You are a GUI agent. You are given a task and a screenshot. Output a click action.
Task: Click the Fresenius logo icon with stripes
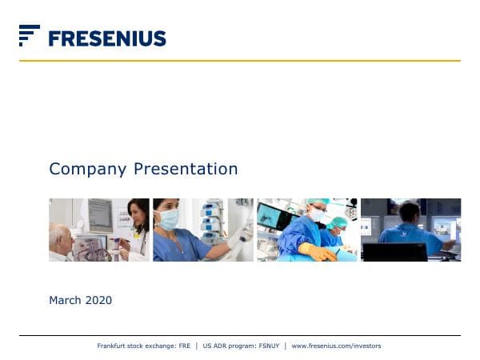pos(30,35)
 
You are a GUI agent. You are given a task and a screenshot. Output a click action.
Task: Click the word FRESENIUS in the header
pos(106,38)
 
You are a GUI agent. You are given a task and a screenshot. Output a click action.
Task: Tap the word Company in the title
pos(88,169)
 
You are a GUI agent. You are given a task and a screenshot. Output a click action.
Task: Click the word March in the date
pos(65,301)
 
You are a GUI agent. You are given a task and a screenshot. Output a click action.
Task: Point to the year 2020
pos(98,301)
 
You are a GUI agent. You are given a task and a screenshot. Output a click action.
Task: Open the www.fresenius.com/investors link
pos(336,346)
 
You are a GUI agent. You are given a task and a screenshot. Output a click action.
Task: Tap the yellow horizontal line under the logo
pos(240,61)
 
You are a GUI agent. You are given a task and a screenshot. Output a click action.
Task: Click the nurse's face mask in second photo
pos(170,218)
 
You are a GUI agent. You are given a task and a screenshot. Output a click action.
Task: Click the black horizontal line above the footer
pos(240,335)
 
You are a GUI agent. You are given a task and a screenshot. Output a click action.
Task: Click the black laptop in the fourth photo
pos(394,252)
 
